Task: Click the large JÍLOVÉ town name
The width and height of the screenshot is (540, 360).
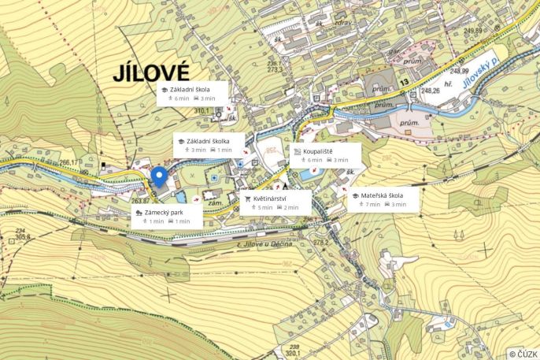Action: click(151, 74)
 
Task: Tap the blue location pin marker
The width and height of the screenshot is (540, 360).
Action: click(159, 177)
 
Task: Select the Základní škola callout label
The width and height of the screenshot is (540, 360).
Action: click(192, 93)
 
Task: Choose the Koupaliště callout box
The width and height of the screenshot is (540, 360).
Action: click(325, 154)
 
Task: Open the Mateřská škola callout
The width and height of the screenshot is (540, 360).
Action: click(382, 200)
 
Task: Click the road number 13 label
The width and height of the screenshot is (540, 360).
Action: click(405, 82)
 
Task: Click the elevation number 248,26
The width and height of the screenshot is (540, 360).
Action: click(431, 91)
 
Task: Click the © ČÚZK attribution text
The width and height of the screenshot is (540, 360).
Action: click(523, 354)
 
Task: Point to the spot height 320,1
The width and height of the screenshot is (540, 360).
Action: click(294, 354)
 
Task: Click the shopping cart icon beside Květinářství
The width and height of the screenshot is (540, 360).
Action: click(247, 199)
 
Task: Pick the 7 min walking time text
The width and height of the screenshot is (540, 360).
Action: click(372, 205)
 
